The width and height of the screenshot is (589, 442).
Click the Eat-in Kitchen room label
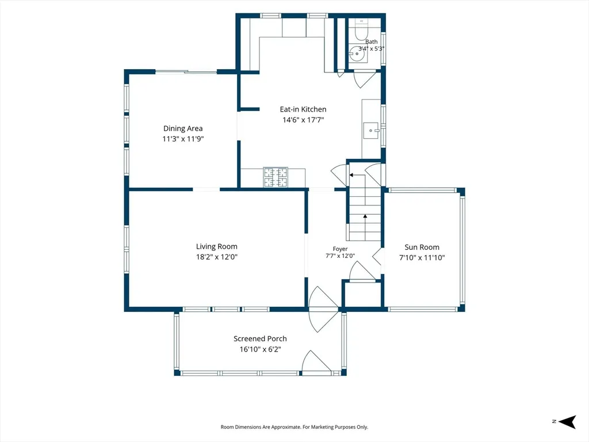pyautogui.click(x=303, y=109)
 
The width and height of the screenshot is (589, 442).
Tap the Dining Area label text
pyautogui.click(x=183, y=128)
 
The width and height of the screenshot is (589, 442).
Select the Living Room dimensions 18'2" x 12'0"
pyautogui.click(x=217, y=257)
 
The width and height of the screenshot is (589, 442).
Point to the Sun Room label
pyautogui.click(x=422, y=247)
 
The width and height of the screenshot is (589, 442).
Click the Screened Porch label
pyautogui.click(x=260, y=338)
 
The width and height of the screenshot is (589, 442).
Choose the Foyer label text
pyautogui.click(x=340, y=249)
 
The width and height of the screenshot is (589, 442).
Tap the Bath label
pyautogui.click(x=372, y=41)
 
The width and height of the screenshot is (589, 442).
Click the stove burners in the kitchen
pyautogui.click(x=276, y=177)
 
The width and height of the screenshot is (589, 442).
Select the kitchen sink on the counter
pyautogui.click(x=371, y=131)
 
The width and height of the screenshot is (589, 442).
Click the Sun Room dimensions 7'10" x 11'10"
pyautogui.click(x=422, y=258)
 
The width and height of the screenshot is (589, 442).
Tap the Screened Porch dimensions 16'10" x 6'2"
pyautogui.click(x=261, y=349)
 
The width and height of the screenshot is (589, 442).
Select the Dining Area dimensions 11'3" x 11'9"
pyautogui.click(x=183, y=139)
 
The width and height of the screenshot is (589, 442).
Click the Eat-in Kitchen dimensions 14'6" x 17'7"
pyautogui.click(x=303, y=120)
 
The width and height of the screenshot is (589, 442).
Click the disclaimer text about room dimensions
pyautogui.click(x=294, y=427)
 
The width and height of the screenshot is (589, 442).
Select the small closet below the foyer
pyautogui.click(x=363, y=295)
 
